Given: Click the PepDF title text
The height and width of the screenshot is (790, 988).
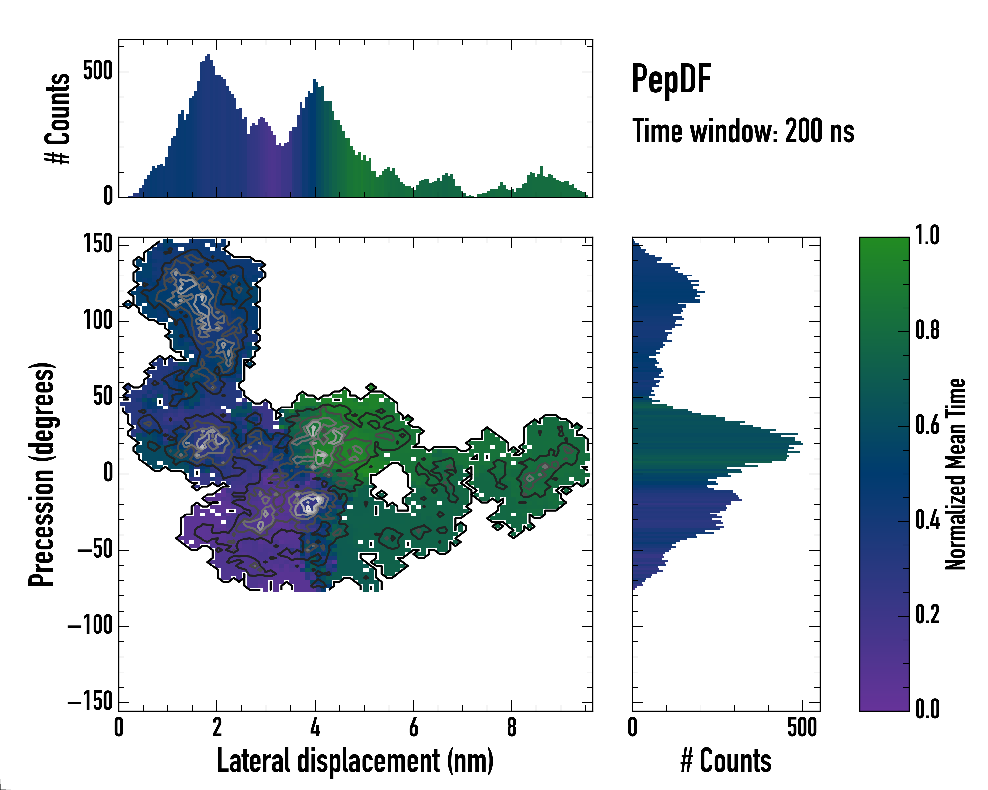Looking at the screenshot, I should pyautogui.click(x=671, y=79).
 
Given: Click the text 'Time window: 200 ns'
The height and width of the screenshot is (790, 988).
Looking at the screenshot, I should pyautogui.click(x=743, y=131).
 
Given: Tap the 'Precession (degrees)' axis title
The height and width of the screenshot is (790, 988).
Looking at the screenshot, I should pyautogui.click(x=42, y=474).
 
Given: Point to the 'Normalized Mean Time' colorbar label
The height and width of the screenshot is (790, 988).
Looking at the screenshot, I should pyautogui.click(x=955, y=474).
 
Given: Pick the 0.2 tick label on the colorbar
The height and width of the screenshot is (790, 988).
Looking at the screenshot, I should pyautogui.click(x=927, y=615).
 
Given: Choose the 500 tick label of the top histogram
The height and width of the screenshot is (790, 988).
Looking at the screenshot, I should pyautogui.click(x=97, y=71).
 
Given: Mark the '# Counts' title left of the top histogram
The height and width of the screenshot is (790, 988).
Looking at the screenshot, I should pyautogui.click(x=58, y=118).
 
